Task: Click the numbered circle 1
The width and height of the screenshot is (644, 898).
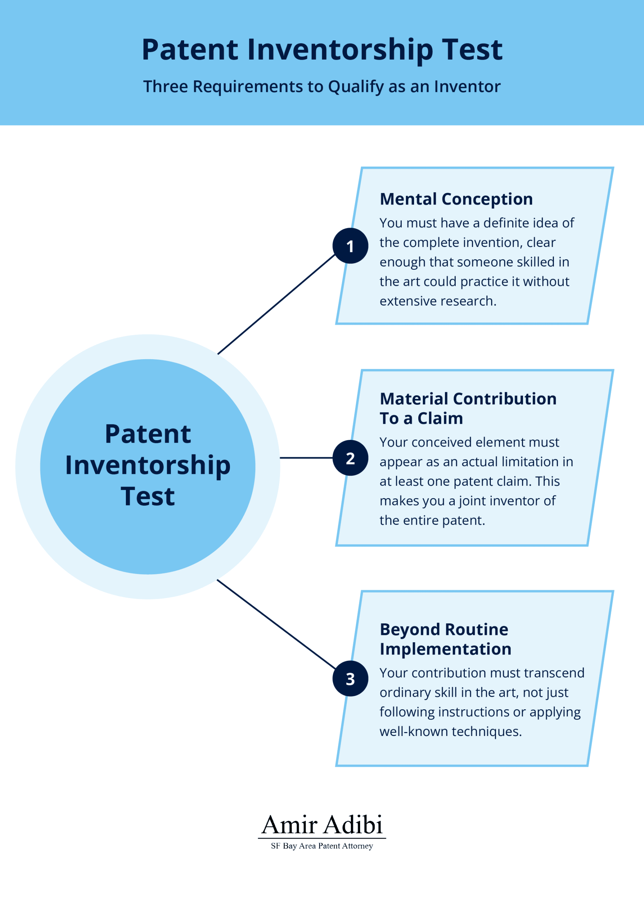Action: pyautogui.click(x=350, y=246)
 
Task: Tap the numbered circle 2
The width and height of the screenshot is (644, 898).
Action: pyautogui.click(x=350, y=458)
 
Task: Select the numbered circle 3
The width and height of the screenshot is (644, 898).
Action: pyautogui.click(x=350, y=679)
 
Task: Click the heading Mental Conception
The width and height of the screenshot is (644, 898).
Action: pyautogui.click(x=456, y=199)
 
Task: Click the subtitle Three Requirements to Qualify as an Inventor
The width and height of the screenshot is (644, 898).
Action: pyautogui.click(x=322, y=86)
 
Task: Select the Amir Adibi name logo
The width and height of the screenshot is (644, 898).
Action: pyautogui.click(x=322, y=825)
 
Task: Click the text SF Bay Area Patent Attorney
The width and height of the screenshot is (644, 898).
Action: pyautogui.click(x=322, y=846)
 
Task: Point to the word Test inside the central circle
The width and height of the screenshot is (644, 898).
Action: pyautogui.click(x=148, y=496)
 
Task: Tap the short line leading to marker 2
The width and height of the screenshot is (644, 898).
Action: pyautogui.click(x=306, y=458)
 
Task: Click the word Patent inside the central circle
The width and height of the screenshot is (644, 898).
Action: pyautogui.click(x=148, y=434)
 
